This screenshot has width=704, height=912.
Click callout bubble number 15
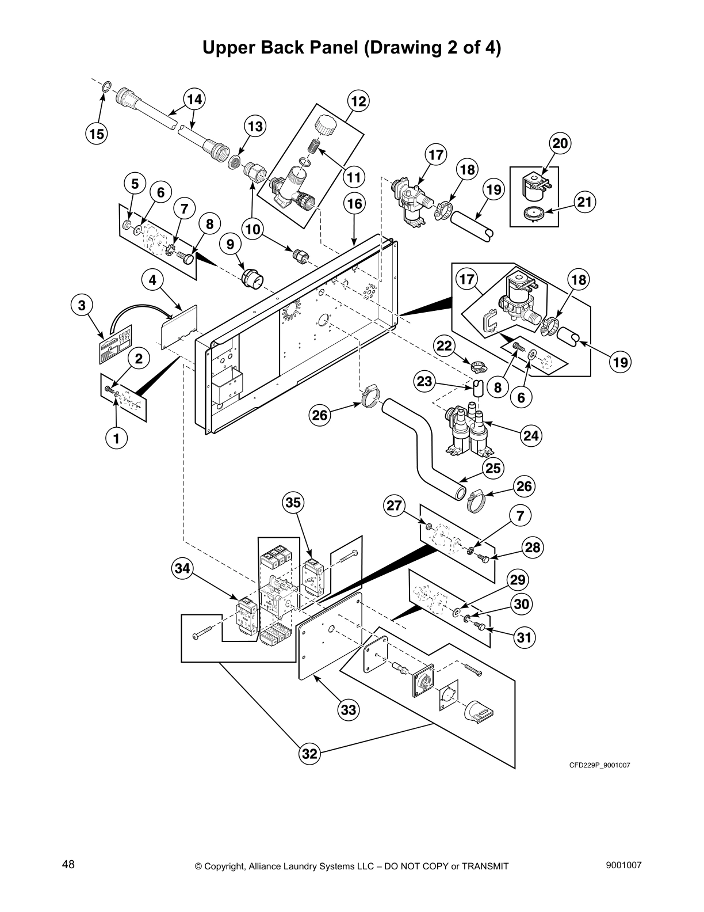coord(97,134)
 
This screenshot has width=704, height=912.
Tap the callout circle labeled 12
coord(358,101)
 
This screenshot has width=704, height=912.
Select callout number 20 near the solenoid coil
coord(560,143)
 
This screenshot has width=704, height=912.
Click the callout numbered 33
coord(349,710)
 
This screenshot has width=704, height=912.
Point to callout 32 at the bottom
coord(309,754)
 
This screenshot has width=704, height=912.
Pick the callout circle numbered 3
coord(82,305)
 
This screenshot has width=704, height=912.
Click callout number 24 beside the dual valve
coord(531,436)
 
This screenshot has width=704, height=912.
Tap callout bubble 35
coord(293,503)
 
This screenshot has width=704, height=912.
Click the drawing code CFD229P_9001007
coord(600,765)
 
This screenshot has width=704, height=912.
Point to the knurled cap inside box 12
coord(325,125)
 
